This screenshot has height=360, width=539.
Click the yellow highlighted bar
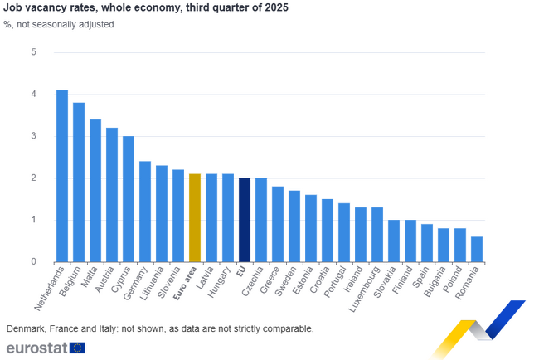[195, 216]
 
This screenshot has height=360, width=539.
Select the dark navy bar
[245, 219]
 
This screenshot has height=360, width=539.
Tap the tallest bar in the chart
[62, 174]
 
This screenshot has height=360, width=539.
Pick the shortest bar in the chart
[477, 247]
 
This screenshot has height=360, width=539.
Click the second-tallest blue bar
[79, 181]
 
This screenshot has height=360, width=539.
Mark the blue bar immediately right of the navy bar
[261, 219]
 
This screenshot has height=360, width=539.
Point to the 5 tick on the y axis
[34, 52]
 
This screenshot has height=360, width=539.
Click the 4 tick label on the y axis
[34, 95]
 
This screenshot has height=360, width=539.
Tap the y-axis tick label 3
[34, 136]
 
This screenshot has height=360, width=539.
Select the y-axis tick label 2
[34, 178]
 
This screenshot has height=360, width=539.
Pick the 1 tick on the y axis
[34, 220]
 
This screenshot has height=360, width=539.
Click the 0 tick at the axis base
[34, 261]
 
